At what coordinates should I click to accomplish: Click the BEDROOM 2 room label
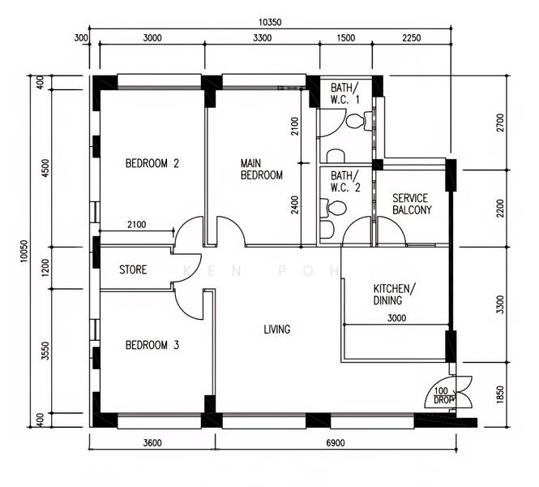coord(152,163)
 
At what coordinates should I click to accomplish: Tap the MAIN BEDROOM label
coord(261,169)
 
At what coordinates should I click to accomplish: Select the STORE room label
coord(133,269)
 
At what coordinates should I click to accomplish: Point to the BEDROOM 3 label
coord(152,345)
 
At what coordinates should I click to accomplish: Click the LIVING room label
coord(276,330)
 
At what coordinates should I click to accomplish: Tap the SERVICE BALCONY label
coord(412,204)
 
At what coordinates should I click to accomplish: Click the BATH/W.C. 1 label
coord(344,93)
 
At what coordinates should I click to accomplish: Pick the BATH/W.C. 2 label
coord(345,181)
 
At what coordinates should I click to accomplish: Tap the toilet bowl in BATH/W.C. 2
coord(333,209)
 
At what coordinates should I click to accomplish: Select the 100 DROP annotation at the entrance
coord(444,395)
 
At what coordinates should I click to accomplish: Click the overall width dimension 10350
coord(270,23)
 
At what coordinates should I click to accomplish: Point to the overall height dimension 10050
coord(24,251)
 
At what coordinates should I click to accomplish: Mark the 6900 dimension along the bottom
coord(336,442)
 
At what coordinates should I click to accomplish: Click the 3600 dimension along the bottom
coord(152,442)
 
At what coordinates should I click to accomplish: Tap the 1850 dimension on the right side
coord(500,394)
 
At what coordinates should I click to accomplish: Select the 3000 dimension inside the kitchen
coord(396,318)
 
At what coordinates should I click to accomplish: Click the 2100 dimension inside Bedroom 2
coord(137,225)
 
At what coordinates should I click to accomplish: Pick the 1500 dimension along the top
coord(346,38)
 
